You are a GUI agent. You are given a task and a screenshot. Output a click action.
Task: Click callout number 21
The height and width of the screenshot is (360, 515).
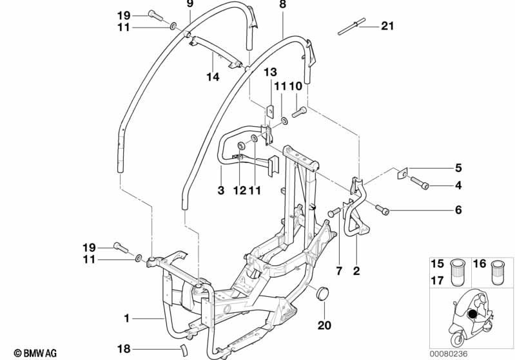tap(387, 26)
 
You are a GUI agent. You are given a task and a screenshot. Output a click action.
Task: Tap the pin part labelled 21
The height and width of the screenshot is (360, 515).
tap(351, 26)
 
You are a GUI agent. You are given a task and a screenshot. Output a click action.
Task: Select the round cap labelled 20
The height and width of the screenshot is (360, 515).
tap(321, 293)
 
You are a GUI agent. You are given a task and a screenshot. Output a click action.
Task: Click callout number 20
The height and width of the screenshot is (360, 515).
tap(324, 325)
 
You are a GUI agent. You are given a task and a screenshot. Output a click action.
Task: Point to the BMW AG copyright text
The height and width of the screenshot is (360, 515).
tap(35, 353)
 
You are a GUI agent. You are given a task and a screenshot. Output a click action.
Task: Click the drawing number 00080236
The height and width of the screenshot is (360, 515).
tap(449, 354)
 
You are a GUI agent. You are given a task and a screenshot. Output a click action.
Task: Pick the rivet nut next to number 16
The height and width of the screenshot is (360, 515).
tap(498, 272)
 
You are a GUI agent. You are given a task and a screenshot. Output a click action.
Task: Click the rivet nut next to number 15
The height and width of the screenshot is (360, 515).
tap(457, 272)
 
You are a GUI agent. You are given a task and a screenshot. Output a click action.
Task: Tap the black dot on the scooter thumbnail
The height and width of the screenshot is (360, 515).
tap(472, 314)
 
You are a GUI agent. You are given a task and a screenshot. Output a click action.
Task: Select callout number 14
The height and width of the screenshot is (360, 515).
tap(213, 77)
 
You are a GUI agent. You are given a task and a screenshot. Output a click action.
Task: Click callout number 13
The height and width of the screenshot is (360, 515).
tap(270, 72)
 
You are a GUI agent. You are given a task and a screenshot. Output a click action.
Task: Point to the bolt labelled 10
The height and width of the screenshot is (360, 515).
tap(298, 112)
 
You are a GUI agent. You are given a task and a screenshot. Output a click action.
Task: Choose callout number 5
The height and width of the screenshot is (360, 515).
tap(458, 168)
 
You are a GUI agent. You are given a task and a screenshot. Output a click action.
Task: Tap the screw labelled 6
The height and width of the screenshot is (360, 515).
tap(382, 209)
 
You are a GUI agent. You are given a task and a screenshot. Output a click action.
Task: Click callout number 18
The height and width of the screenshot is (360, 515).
tap(124, 348)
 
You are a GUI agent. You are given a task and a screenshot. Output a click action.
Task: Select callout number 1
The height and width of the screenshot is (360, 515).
tap(127, 318)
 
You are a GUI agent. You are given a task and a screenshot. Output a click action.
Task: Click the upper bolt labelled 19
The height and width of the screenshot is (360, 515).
tap(155, 15)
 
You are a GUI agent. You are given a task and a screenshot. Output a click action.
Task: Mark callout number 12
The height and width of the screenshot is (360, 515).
tap(239, 190)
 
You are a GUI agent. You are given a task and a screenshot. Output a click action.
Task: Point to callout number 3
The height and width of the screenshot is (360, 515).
tap(221, 190)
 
